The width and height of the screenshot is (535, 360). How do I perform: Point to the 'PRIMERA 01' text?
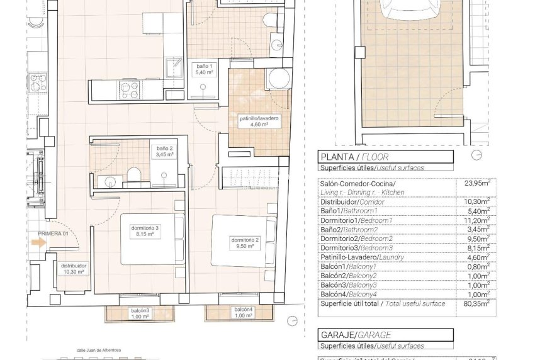tap(52, 233)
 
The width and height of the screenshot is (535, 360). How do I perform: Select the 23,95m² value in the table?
tap(476, 184)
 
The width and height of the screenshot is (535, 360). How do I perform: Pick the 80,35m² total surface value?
tap(476, 303)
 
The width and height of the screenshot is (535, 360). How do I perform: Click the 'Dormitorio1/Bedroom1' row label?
tap(356, 220)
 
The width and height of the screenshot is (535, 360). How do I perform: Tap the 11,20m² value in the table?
tap(476, 220)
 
